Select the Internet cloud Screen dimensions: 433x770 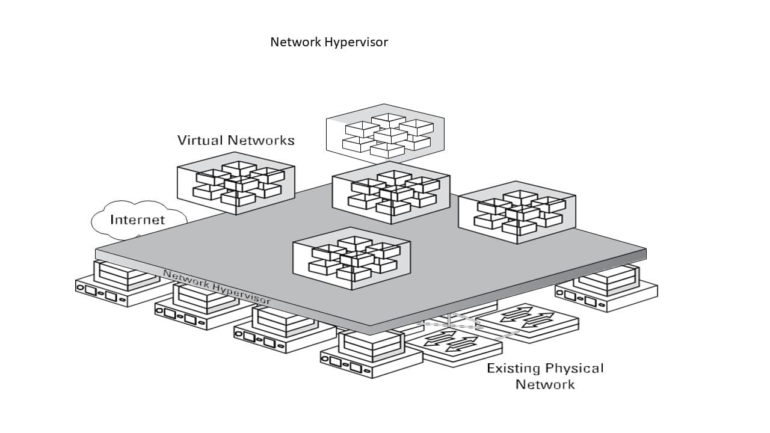138,220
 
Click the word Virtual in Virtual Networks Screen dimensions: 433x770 200,140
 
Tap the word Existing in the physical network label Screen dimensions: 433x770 513,369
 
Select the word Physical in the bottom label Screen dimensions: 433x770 574,369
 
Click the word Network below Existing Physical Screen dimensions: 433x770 545,384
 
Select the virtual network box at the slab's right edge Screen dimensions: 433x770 517,212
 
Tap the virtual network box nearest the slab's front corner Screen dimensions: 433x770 351,258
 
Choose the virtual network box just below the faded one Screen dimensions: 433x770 391,192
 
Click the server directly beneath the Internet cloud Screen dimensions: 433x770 114,286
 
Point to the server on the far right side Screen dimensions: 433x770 608,289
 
